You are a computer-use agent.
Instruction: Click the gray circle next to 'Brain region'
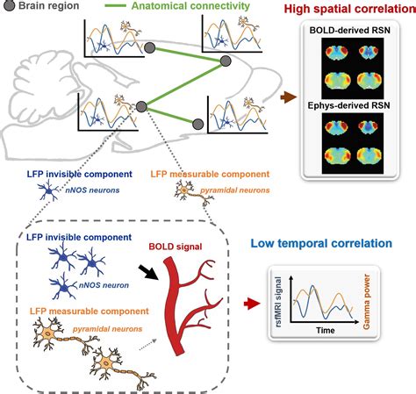tap(9, 8)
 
